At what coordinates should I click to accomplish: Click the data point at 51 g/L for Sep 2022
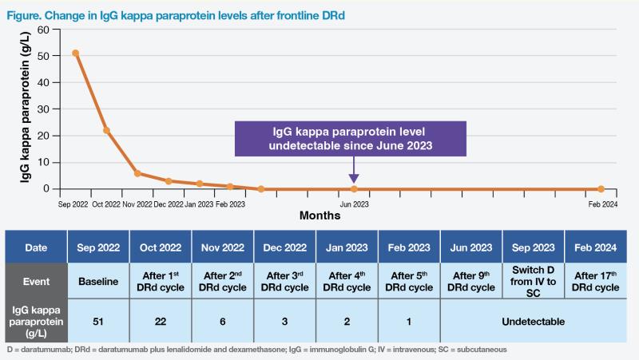75,53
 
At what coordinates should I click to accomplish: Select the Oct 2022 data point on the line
106,130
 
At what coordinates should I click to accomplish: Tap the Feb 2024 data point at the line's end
601,189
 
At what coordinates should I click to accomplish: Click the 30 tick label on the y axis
44,109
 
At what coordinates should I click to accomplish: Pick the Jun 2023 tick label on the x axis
354,204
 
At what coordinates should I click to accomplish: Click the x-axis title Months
319,216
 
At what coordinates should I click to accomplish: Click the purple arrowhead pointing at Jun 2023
354,178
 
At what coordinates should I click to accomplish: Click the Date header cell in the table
36,248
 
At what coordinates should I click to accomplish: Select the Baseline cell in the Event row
98,282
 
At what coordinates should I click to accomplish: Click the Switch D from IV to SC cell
533,282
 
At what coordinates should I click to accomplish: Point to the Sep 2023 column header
533,248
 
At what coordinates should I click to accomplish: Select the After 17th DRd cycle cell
595,282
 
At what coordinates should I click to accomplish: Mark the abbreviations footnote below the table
256,350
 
